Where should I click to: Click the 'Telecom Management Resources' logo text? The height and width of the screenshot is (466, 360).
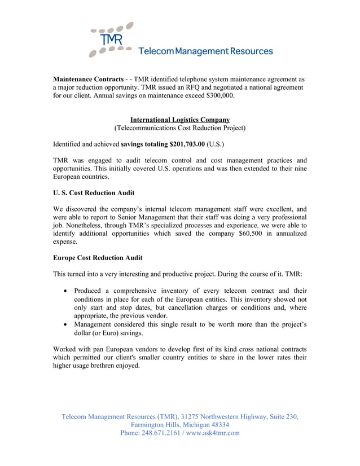205,51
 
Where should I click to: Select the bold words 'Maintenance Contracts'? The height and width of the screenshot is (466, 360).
88,79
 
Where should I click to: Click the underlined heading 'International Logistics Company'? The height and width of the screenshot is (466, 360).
180,120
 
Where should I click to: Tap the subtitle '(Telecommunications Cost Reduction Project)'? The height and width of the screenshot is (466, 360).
180,128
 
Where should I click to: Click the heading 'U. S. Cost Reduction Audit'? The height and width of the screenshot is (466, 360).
94,193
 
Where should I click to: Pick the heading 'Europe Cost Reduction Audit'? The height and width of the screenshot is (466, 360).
98,258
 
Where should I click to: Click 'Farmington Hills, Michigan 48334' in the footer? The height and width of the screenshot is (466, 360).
180,425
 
